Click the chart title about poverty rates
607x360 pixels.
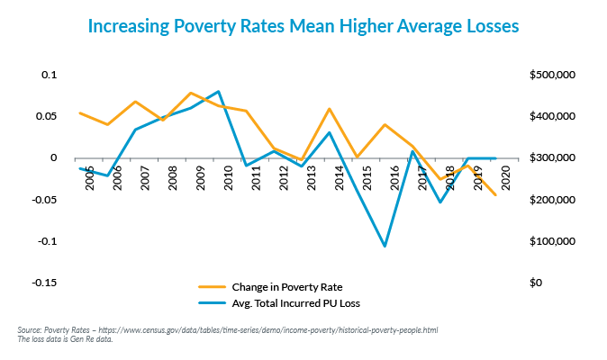click(303, 27)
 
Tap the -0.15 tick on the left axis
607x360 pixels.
click(42, 283)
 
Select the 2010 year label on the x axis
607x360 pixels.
click(229, 178)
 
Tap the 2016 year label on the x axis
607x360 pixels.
click(395, 178)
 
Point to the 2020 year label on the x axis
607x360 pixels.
click(506, 178)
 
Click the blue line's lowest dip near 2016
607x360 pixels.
click(385, 246)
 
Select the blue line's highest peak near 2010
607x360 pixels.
click(219, 91)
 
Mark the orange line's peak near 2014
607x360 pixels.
click(329, 109)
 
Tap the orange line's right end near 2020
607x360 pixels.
click(495, 194)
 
